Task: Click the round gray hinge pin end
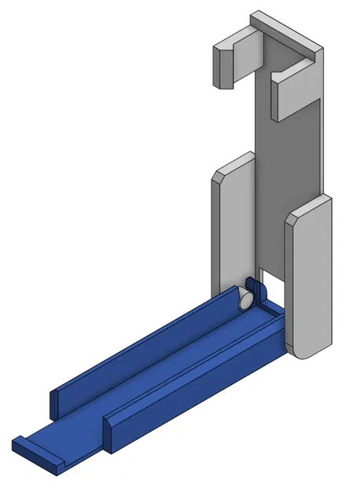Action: click(x=245, y=299)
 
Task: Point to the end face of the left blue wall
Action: click(x=54, y=403)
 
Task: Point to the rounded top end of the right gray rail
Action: click(x=310, y=208)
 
